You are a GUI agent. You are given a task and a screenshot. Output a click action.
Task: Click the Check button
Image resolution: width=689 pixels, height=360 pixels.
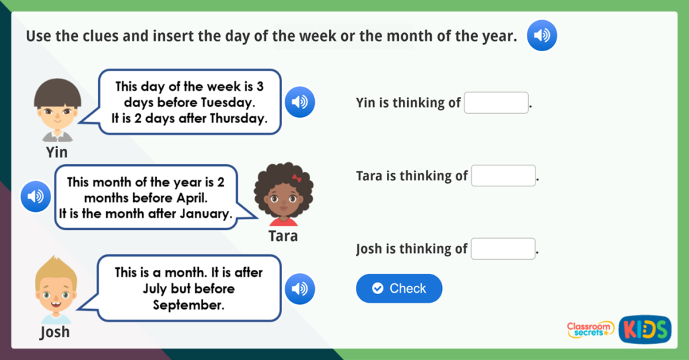coord(399,289)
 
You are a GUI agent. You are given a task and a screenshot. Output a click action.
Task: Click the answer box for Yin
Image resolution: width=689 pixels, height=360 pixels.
coord(496,103)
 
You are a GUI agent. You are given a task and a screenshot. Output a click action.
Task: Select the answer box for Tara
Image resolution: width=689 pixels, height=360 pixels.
coord(503,176)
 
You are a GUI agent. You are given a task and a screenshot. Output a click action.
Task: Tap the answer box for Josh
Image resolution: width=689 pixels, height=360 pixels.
coord(503,249)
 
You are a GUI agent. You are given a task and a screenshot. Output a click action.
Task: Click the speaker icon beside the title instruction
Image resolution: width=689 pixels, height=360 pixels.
coord(542,36)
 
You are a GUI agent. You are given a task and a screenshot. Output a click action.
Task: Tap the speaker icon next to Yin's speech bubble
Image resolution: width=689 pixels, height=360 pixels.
coord(299,102)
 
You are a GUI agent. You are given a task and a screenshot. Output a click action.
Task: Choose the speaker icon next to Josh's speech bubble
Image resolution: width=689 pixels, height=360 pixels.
coord(299,289)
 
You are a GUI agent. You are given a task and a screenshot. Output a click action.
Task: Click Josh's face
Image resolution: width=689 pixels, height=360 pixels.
coord(56,291)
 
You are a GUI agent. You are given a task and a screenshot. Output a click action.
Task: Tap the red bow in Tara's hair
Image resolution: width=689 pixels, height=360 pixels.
coord(297,178)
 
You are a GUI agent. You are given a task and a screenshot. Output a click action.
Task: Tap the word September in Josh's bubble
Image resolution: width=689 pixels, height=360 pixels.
coord(188,305)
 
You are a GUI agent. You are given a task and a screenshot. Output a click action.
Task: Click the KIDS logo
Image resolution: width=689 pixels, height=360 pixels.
coord(645,329)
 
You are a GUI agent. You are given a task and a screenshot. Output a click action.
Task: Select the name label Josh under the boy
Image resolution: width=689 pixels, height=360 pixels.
coord(55,332)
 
